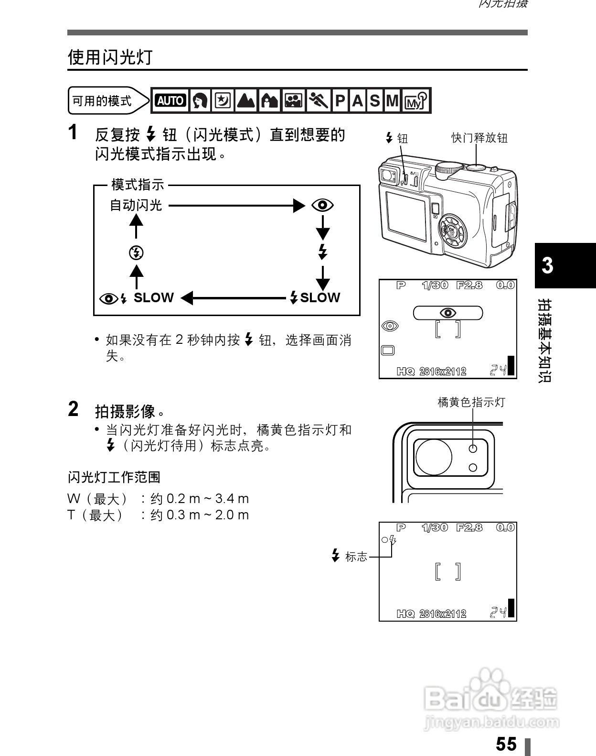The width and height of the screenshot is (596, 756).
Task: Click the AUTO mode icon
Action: click(x=170, y=100)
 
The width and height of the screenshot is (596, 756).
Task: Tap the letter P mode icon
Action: click(x=340, y=100)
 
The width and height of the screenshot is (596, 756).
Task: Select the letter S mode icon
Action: click(x=375, y=100)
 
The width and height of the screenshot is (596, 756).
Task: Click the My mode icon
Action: click(x=415, y=100)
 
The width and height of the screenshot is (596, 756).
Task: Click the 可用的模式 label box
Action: click(x=102, y=101)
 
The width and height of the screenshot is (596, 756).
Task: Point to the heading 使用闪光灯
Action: click(x=110, y=57)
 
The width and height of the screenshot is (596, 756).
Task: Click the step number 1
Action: click(x=73, y=132)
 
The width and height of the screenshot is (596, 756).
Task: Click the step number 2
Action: click(x=73, y=409)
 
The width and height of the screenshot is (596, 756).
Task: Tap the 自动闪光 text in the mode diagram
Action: click(x=136, y=206)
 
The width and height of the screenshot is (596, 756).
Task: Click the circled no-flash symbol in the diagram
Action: click(x=136, y=252)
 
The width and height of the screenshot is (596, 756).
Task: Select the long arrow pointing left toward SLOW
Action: click(x=234, y=298)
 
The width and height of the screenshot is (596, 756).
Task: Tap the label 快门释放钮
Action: click(x=479, y=138)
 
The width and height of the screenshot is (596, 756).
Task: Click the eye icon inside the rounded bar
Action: click(x=447, y=313)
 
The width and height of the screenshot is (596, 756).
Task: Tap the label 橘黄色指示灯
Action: click(x=471, y=402)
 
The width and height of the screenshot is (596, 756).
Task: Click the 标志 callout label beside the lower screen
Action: click(x=356, y=557)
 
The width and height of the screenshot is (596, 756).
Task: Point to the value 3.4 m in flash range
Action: click(x=232, y=499)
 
